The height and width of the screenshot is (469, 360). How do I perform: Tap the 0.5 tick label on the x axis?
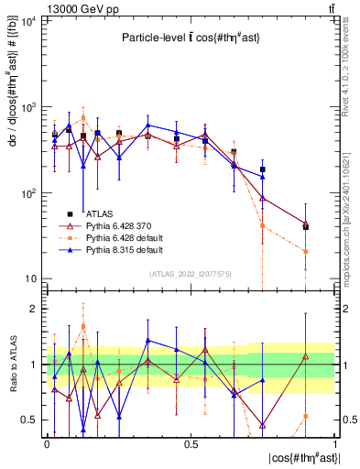click(191, 443)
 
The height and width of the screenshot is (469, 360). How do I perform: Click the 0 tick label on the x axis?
click(47, 443)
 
